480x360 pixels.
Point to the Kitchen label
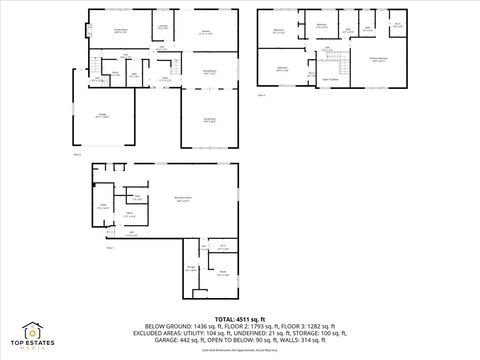point(205,33)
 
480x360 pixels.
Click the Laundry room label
point(163,28)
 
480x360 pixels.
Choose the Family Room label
point(120,32)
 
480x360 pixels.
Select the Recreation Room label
point(184,200)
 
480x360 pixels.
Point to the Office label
point(130,214)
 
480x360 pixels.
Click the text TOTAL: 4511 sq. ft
point(239,318)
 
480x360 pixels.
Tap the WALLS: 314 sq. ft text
point(306,339)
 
